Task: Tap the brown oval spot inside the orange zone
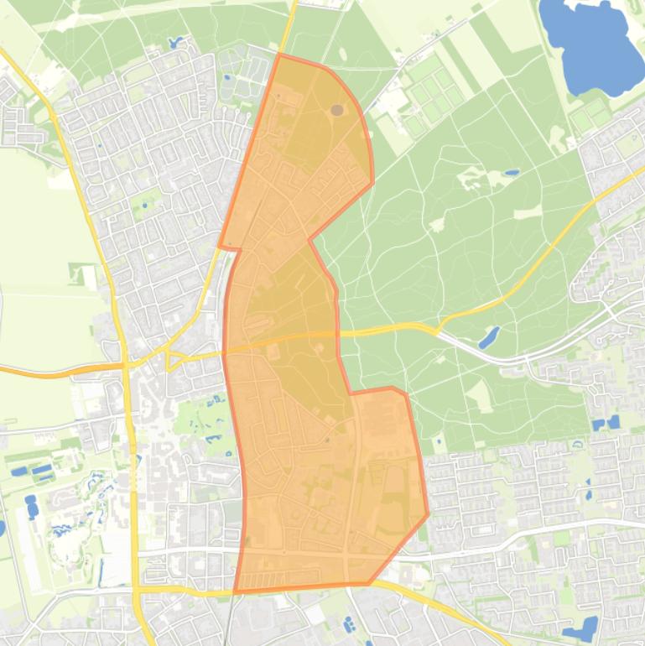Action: [x=337, y=110]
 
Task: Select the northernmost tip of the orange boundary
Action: [x=280, y=55]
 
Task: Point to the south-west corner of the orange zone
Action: [x=234, y=592]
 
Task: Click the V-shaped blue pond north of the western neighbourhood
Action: [x=175, y=42]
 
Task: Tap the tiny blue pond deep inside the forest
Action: [x=511, y=174]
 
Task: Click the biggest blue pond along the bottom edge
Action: [x=580, y=629]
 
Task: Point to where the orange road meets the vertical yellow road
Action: [x=127, y=364]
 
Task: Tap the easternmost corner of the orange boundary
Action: [x=428, y=514]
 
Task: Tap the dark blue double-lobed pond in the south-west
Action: [x=32, y=506]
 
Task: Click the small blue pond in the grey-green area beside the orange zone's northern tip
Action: [x=227, y=78]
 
